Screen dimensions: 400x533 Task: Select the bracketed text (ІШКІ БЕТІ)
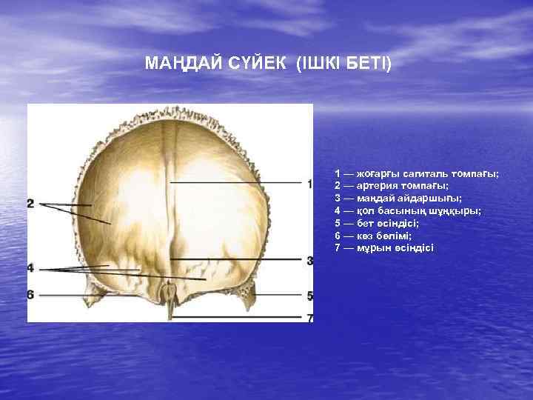point(343,64)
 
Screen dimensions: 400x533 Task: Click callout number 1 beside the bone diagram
point(309,182)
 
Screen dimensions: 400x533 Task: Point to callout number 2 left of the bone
point(31,203)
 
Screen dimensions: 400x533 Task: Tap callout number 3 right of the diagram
point(309,261)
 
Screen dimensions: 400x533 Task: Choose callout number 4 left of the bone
point(31,267)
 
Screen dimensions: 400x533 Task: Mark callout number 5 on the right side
point(309,296)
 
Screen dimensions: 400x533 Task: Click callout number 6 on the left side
point(31,295)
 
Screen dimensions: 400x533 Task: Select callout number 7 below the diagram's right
point(309,318)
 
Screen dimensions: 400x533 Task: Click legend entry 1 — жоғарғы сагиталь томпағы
point(416,173)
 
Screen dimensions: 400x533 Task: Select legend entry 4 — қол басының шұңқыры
point(407,210)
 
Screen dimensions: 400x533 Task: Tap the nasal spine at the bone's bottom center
point(172,301)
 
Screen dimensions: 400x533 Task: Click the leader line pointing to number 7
point(237,317)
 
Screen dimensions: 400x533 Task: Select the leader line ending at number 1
point(237,181)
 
